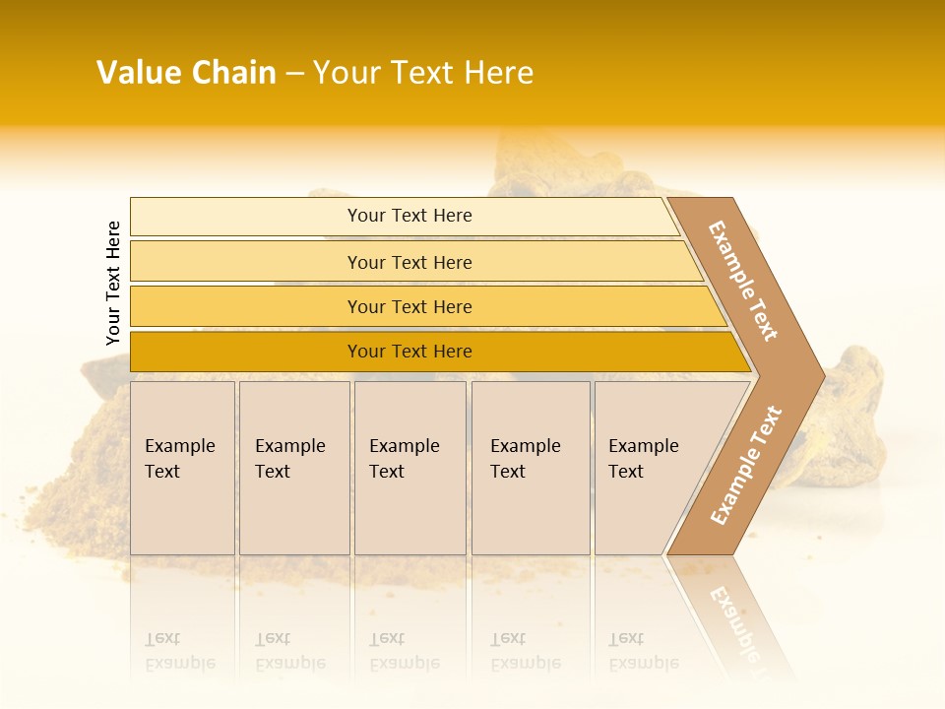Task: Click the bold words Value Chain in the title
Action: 186,73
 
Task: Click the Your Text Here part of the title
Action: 423,73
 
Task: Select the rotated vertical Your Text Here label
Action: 113,283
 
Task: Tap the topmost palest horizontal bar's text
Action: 409,216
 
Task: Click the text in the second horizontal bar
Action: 409,263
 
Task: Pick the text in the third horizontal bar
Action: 409,307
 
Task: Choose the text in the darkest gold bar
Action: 409,352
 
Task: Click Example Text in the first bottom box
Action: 179,459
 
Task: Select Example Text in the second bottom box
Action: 289,459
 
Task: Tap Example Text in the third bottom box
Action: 404,459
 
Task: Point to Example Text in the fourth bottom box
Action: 525,459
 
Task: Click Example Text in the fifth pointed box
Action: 643,459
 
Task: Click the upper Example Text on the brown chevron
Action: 743,281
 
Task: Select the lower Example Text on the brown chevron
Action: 746,466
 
